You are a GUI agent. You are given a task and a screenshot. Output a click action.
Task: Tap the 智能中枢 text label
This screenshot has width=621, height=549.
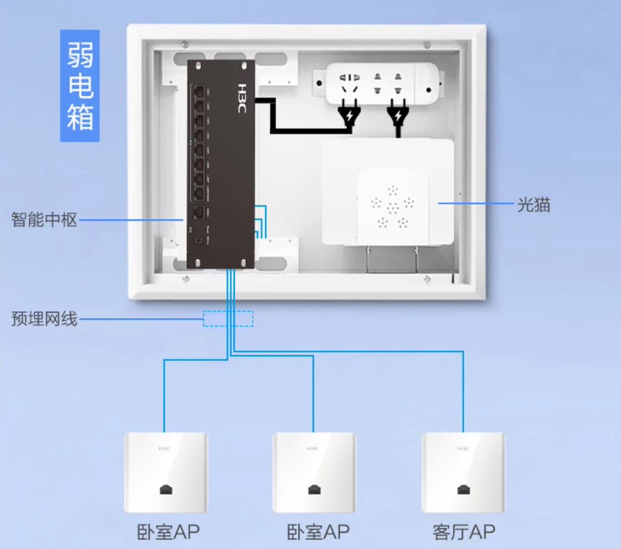44,219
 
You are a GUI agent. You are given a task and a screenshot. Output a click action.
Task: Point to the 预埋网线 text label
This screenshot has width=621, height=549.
44,320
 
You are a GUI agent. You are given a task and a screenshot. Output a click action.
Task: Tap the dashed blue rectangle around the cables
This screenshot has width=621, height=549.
228,319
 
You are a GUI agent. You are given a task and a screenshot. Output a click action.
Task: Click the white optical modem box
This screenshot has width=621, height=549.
388,191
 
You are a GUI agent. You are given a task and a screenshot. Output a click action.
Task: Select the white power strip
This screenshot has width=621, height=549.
383,82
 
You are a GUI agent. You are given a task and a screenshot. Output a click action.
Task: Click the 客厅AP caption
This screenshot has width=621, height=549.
464,531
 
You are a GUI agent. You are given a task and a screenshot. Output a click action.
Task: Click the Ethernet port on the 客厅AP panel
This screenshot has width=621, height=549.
464,490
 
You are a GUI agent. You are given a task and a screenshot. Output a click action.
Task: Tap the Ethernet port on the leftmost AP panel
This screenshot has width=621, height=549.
166,490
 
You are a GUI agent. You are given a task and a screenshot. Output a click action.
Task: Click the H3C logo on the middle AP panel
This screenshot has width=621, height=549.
313,449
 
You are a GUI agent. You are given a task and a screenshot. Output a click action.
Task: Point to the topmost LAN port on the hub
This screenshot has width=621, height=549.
199,91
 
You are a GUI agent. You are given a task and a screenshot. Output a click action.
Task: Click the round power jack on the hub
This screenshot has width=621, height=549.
198,241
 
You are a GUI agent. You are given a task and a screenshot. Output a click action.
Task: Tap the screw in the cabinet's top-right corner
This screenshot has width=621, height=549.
428,45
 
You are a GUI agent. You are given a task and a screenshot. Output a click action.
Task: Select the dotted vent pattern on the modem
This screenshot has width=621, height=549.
392,206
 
